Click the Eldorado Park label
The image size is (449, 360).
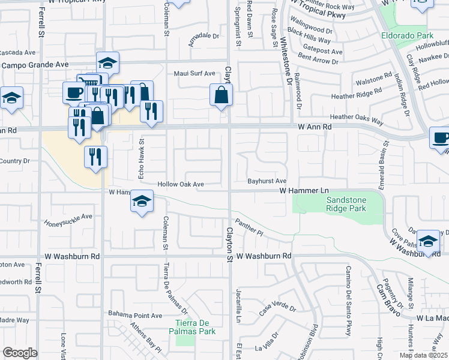point(408,35)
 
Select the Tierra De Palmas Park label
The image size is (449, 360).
point(191,328)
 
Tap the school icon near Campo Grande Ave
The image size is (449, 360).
point(107,62)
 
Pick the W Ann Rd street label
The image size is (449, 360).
point(315,127)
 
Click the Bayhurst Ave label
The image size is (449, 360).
point(267,181)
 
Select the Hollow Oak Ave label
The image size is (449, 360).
point(181,184)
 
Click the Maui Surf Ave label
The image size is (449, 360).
point(194,74)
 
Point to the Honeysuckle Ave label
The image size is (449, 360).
point(68,220)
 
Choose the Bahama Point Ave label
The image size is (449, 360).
point(135,315)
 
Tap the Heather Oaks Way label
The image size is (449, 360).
point(357,119)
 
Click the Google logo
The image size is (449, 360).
point(20,353)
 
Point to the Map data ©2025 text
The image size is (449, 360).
point(423,355)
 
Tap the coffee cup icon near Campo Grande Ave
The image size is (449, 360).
point(74,92)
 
